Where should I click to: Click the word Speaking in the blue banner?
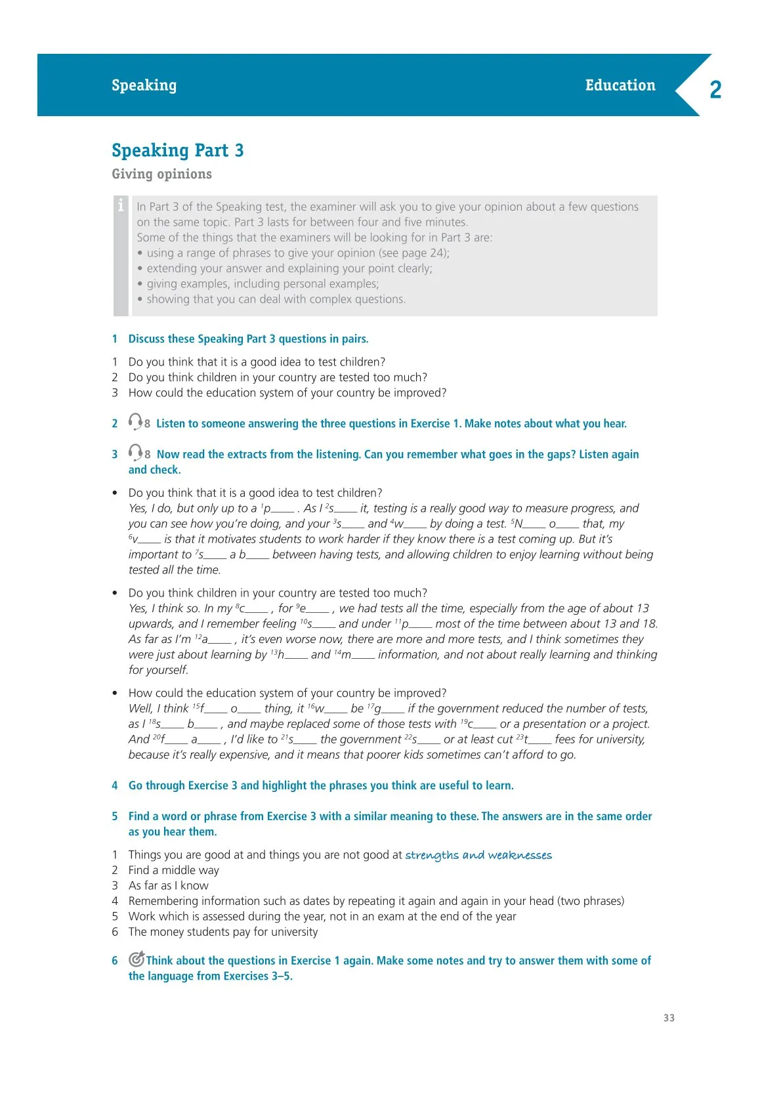click(144, 85)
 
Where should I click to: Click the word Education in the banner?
click(620, 85)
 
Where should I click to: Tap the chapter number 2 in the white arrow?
click(715, 89)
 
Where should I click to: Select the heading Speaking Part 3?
click(177, 150)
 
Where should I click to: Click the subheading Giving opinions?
click(161, 174)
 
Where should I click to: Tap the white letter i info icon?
click(121, 205)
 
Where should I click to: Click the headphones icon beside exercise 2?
click(135, 421)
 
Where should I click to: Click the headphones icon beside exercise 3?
click(135, 452)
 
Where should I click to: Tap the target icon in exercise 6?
click(137, 959)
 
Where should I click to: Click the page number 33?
click(669, 1018)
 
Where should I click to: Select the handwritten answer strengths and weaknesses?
click(478, 855)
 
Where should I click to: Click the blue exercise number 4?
click(115, 785)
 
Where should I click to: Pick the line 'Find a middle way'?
click(173, 870)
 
